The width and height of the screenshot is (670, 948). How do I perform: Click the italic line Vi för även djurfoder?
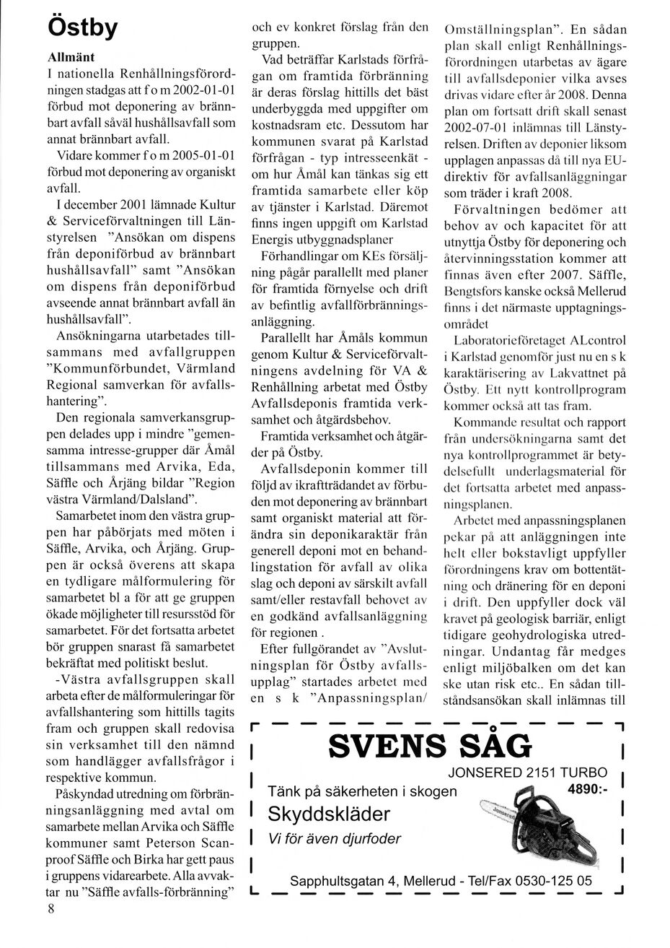334,839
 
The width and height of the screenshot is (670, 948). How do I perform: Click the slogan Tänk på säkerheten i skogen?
362,791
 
